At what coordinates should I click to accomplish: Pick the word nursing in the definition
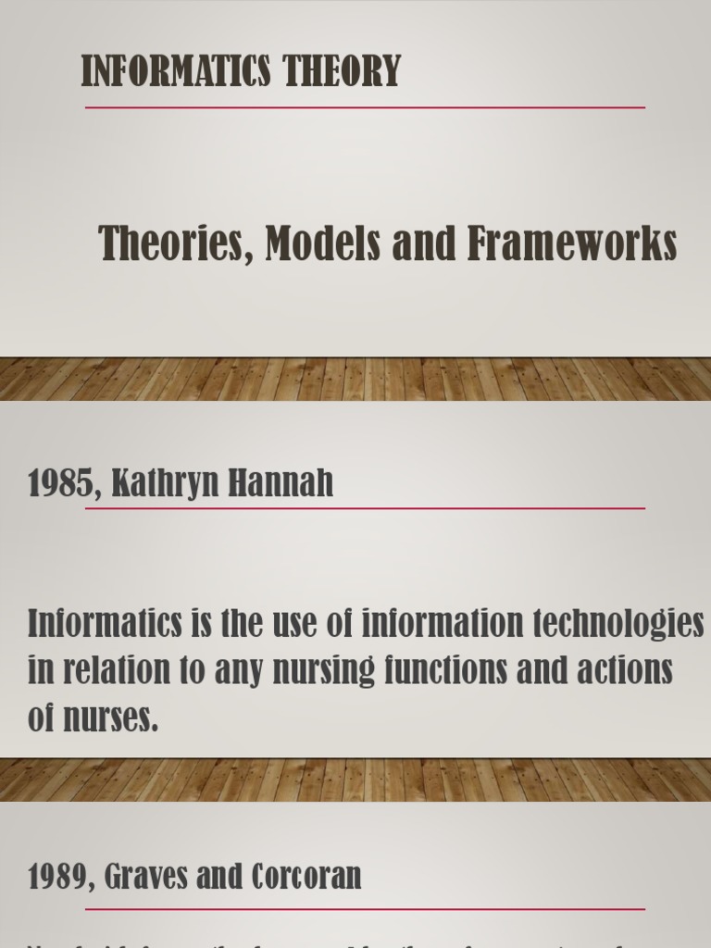(265, 671)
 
